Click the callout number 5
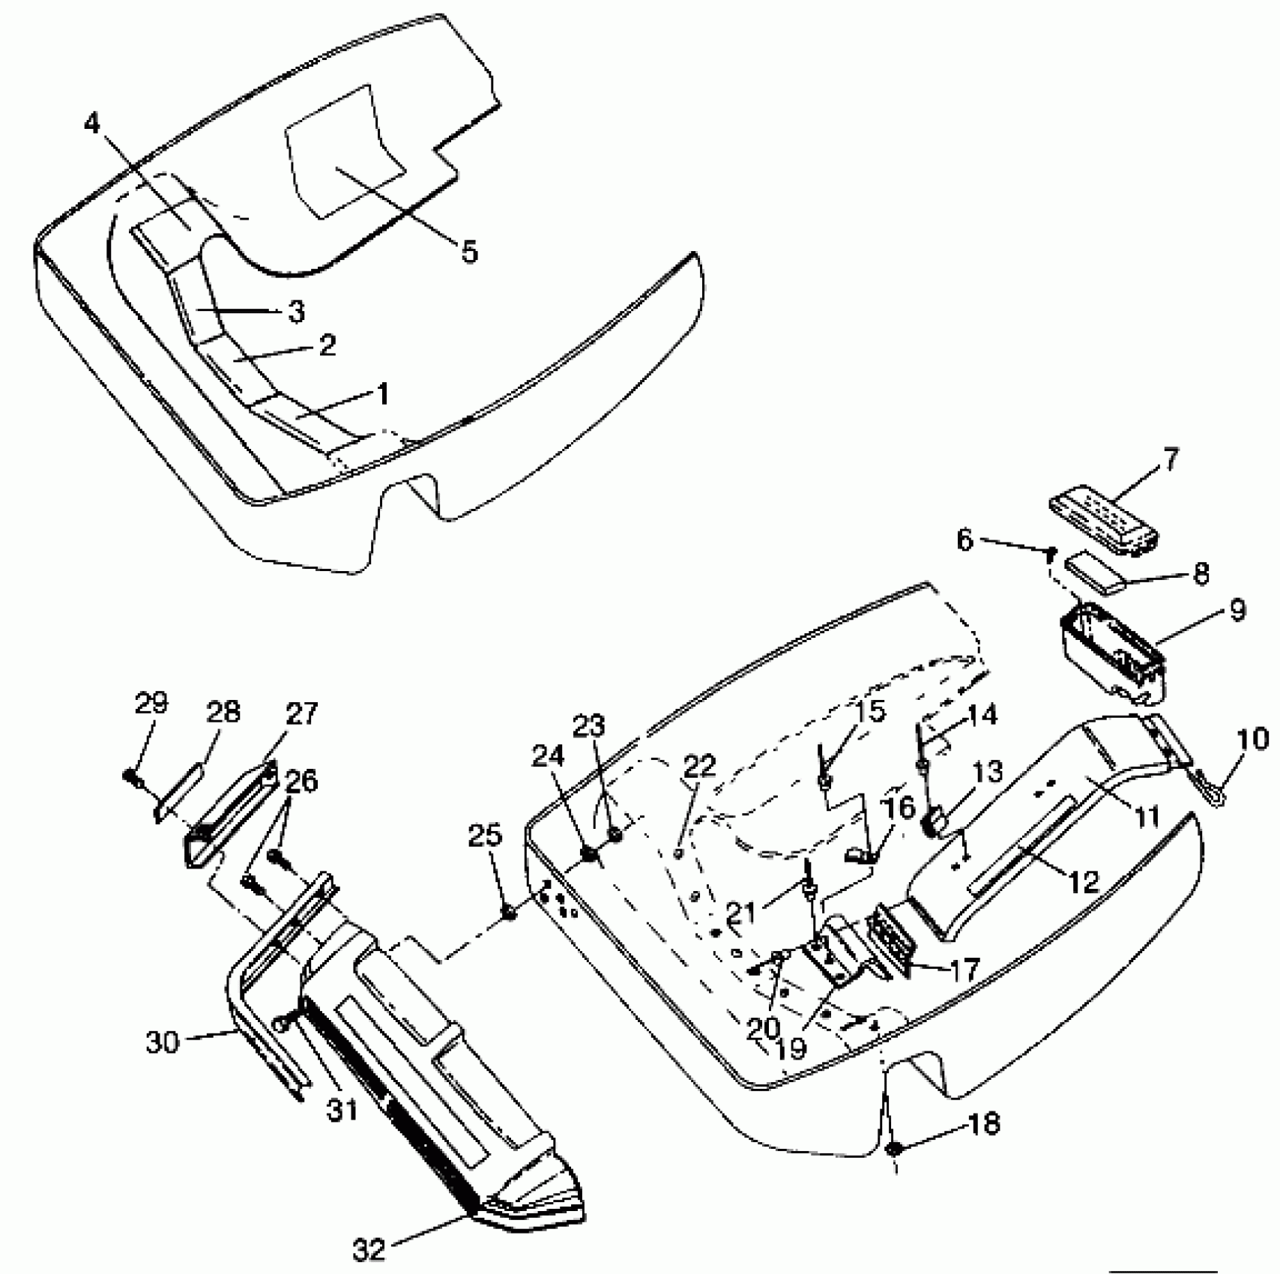[x=469, y=252]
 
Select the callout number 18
[x=983, y=1124]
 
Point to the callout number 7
[x=1171, y=459]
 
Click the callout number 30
[x=163, y=1042]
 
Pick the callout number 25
[x=485, y=836]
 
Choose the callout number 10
[x=1253, y=740]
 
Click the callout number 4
[x=91, y=122]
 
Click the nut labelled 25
[x=510, y=913]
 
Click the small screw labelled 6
[x=1051, y=553]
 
